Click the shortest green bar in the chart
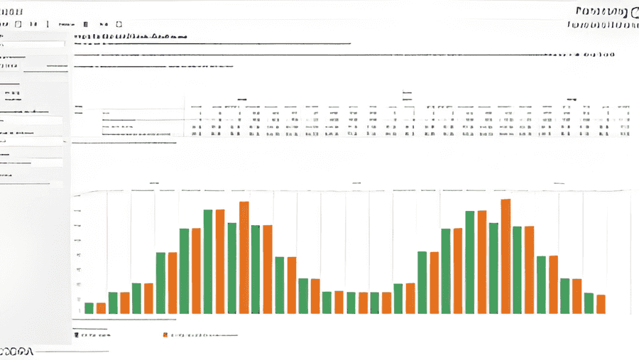89,308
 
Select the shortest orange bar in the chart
101,308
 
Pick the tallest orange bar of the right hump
506,256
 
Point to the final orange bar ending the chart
601,304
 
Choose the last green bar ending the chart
589,303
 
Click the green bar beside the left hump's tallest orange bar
231,268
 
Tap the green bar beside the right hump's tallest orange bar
493,268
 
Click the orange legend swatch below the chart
165,334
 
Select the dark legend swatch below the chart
75,334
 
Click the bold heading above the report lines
131,35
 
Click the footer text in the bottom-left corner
18,351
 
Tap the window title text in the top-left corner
13,11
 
